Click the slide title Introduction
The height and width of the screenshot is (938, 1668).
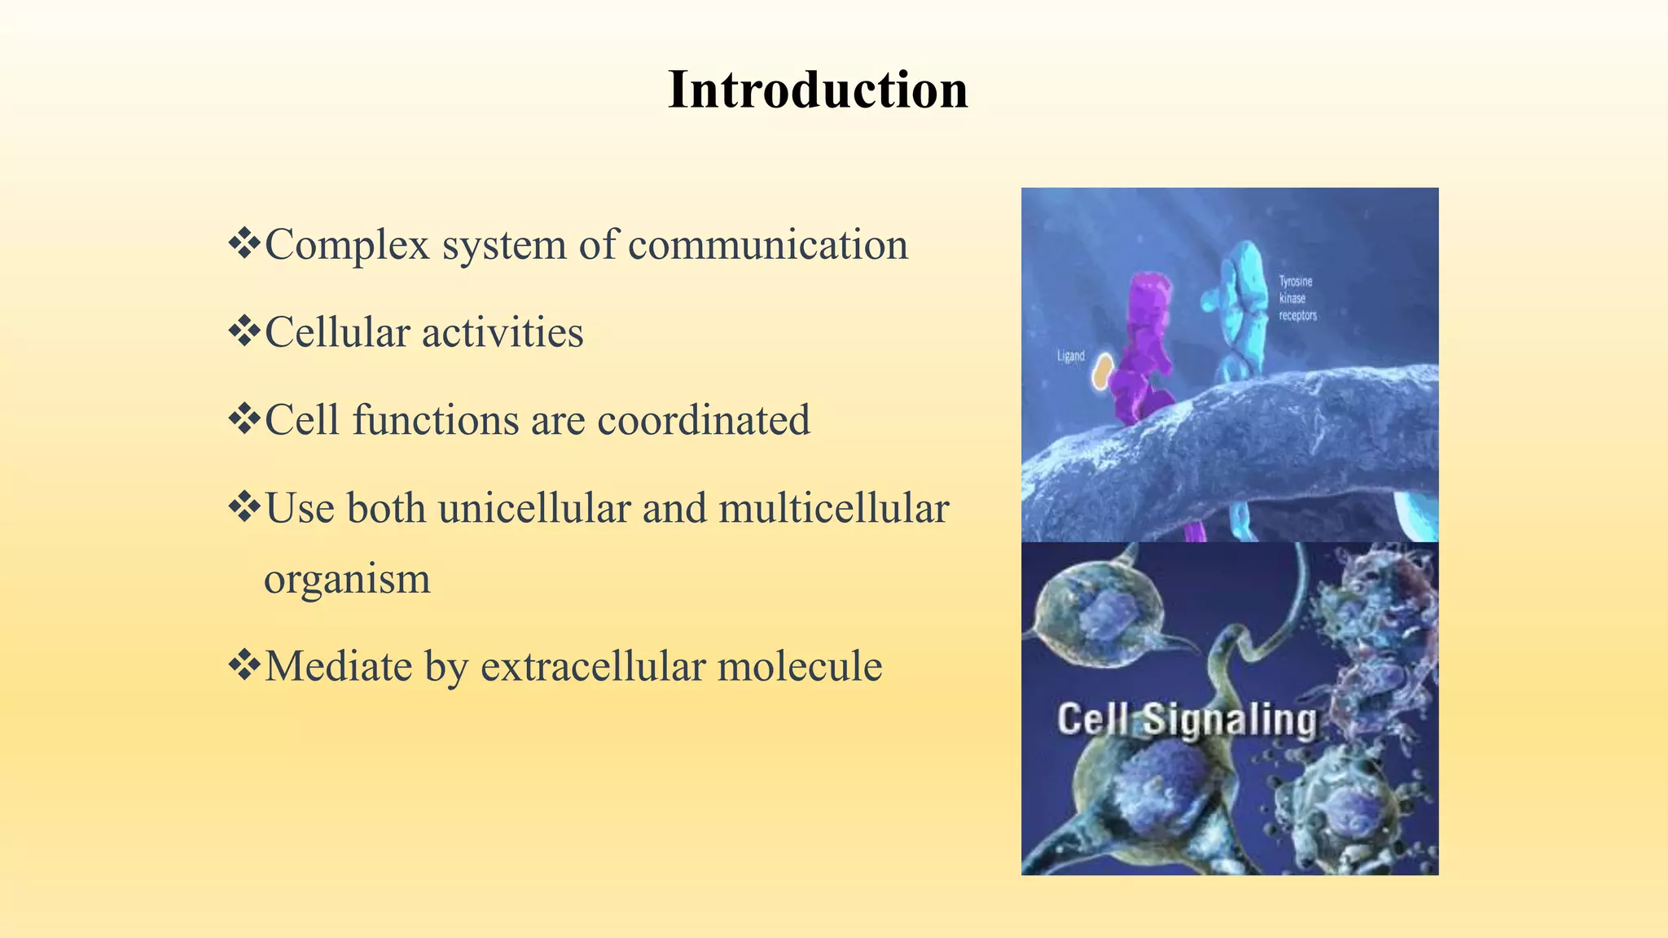pyautogui.click(x=818, y=90)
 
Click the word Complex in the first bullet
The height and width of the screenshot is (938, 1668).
pyautogui.click(x=347, y=245)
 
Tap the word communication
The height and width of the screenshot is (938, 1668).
pyautogui.click(x=768, y=245)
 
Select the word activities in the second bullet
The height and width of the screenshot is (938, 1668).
pyautogui.click(x=503, y=332)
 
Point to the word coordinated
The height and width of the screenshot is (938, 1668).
pyautogui.click(x=704, y=420)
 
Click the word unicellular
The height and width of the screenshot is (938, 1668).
pyautogui.click(x=534, y=508)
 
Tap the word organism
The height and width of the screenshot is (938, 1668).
pyautogui.click(x=347, y=580)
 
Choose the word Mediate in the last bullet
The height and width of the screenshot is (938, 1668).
pyautogui.click(x=339, y=666)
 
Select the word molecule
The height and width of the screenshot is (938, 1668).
pyautogui.click(x=800, y=666)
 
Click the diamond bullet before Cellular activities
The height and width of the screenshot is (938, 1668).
pyautogui.click(x=244, y=331)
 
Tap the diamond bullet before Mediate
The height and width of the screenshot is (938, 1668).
pyautogui.click(x=244, y=664)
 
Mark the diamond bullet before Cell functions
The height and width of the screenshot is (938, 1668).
pyautogui.click(x=244, y=419)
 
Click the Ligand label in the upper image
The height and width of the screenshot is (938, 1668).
pyautogui.click(x=1070, y=356)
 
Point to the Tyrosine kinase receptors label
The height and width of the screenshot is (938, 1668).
pyautogui.click(x=1297, y=298)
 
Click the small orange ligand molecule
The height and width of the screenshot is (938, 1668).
pyautogui.click(x=1102, y=371)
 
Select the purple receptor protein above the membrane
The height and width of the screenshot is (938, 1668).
pyautogui.click(x=1144, y=342)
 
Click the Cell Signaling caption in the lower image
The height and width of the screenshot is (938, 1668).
pyautogui.click(x=1186, y=721)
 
